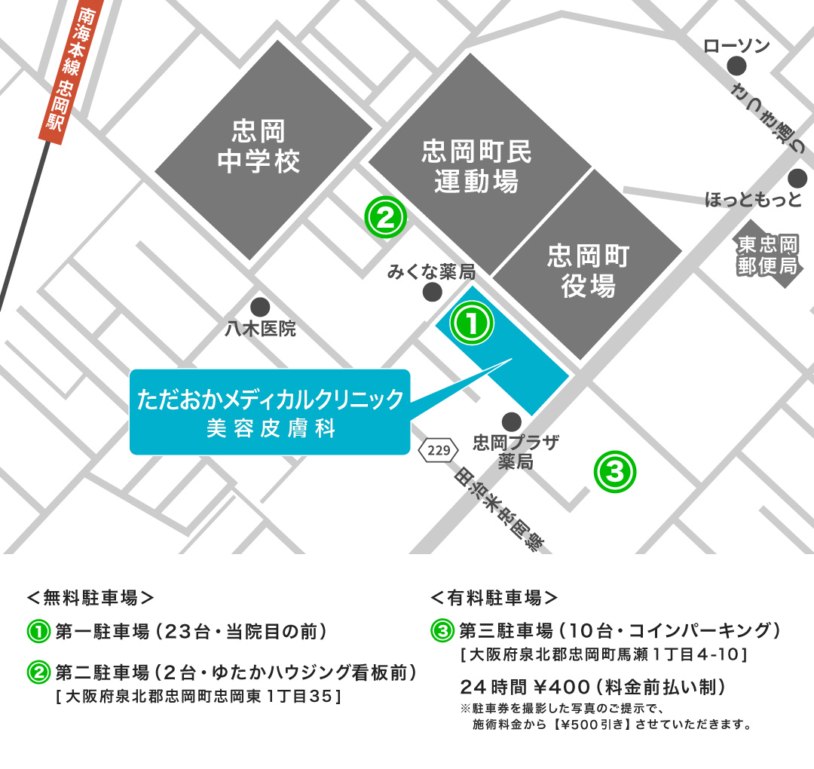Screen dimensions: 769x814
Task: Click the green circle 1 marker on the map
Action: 472,323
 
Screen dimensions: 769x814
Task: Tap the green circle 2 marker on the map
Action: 386,218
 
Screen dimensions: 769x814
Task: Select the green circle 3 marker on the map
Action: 615,472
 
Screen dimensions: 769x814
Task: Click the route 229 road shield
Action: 439,451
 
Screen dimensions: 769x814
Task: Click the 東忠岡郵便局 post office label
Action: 767,256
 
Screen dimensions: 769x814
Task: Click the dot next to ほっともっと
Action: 797,179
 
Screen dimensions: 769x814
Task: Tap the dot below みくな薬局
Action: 432,293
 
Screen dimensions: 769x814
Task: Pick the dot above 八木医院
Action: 260,307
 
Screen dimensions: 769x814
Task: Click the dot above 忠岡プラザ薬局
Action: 511,421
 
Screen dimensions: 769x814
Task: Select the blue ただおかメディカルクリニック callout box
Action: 270,412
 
